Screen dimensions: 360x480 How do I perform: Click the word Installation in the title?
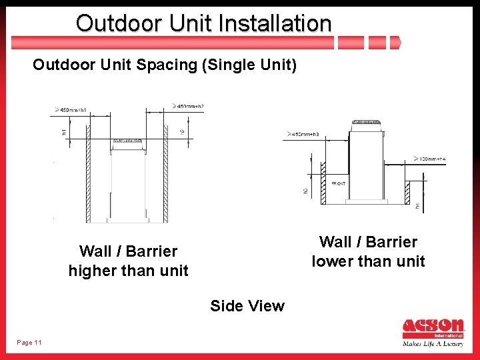(267, 23)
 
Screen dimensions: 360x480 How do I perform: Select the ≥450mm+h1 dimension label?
(73, 109)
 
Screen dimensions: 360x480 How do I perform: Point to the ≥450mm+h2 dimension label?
(189, 106)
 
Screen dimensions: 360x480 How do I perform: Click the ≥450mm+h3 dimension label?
(303, 135)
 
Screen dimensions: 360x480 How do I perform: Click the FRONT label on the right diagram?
(339, 183)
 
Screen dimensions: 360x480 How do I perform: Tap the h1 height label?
(65, 132)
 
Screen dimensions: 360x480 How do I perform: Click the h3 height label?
(305, 191)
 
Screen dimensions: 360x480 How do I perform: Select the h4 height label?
(418, 207)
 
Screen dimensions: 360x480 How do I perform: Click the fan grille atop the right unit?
(367, 123)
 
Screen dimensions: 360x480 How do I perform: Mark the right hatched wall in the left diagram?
(166, 181)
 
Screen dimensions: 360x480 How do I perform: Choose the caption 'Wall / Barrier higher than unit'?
(128, 261)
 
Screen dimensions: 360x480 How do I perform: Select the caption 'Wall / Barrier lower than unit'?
(368, 251)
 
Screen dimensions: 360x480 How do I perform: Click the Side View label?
(247, 306)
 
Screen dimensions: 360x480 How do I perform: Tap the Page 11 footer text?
(29, 342)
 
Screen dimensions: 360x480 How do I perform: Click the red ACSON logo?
(433, 329)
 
